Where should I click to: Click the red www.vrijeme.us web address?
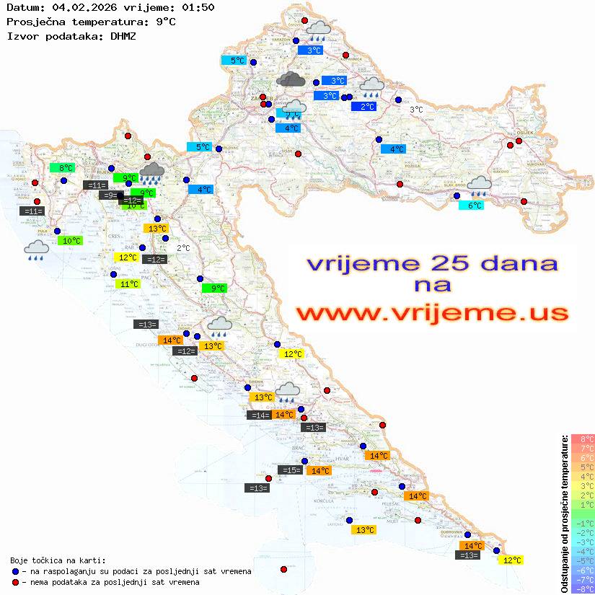pyautogui.click(x=431, y=313)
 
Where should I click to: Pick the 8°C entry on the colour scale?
pyautogui.click(x=582, y=438)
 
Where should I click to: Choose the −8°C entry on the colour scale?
pyautogui.click(x=582, y=589)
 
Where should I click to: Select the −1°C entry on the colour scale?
pyautogui.click(x=582, y=523)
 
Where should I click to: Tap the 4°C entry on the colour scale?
pyautogui.click(x=582, y=476)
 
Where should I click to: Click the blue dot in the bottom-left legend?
pyautogui.click(x=15, y=571)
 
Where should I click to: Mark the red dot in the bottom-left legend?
pyautogui.click(x=15, y=582)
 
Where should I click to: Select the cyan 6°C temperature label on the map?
pyautogui.click(x=472, y=206)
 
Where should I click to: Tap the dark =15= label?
pyautogui.click(x=290, y=470)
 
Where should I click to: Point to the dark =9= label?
pyautogui.click(x=109, y=195)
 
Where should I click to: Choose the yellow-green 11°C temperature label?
pyautogui.click(x=128, y=284)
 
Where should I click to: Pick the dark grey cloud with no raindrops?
pyautogui.click(x=291, y=79)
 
